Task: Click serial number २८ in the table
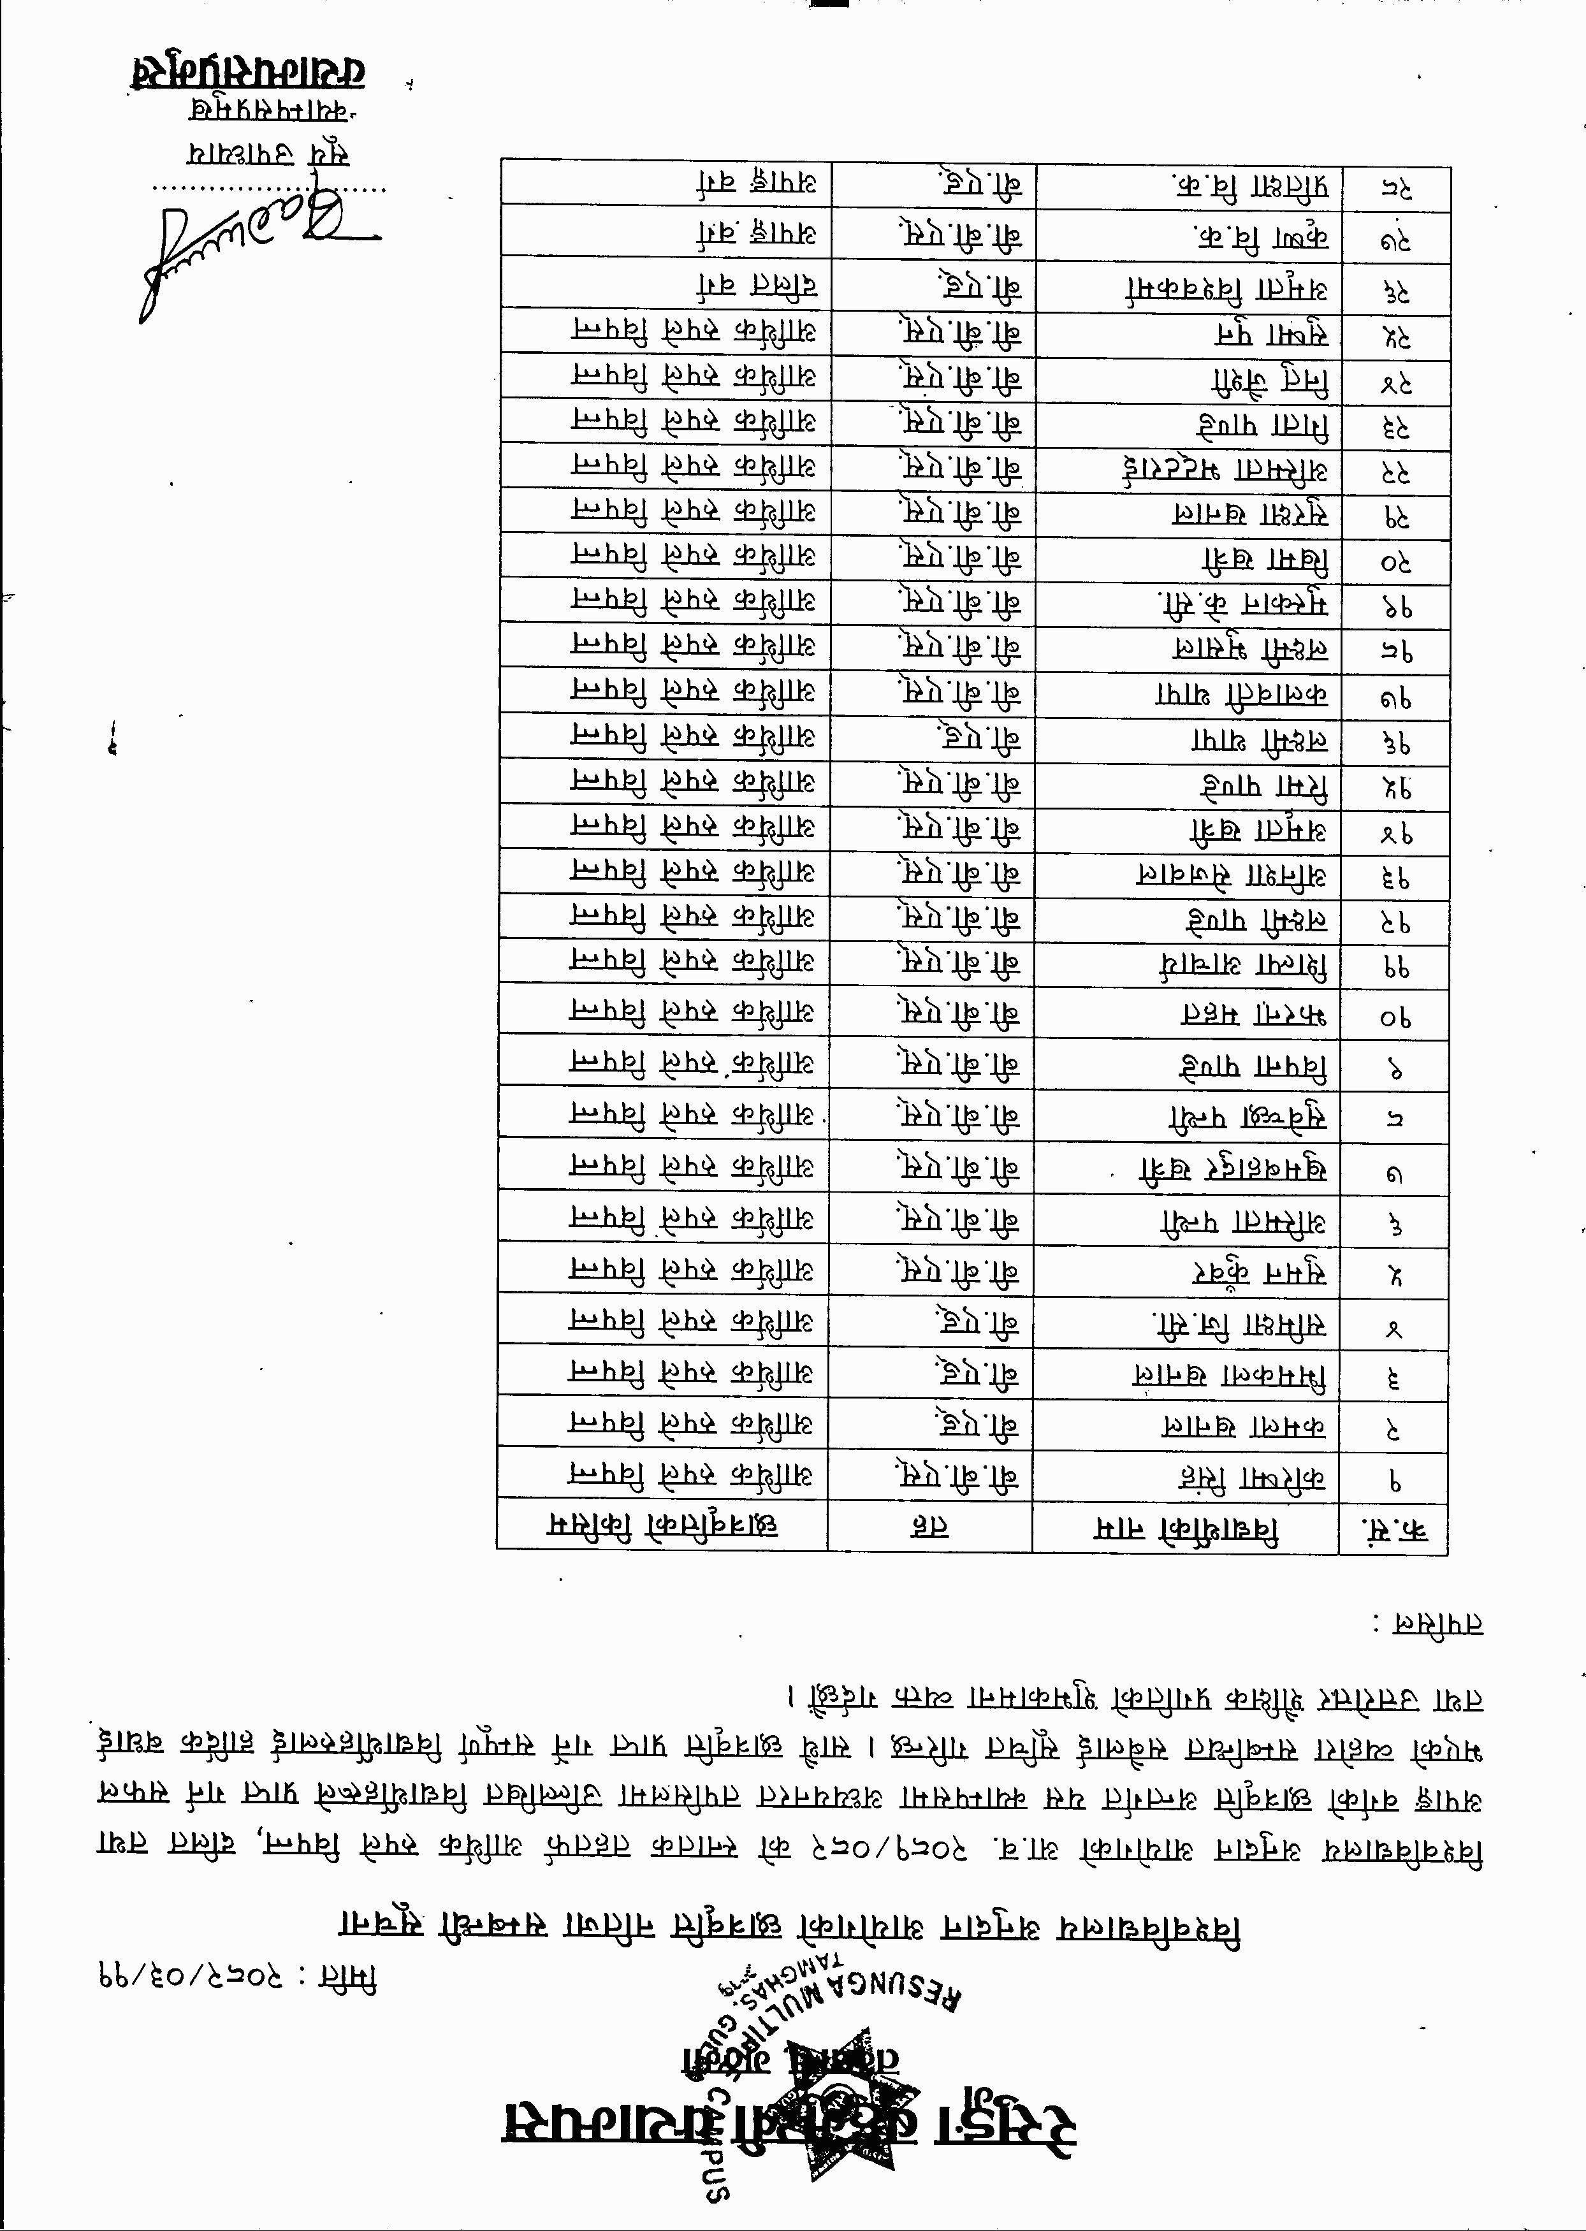1397,189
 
